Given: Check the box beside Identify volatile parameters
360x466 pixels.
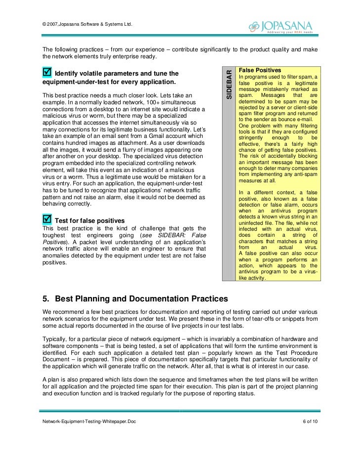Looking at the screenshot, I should point(48,73).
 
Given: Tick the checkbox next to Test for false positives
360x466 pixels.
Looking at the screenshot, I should point(47,218).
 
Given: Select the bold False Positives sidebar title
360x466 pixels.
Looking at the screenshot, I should point(260,71).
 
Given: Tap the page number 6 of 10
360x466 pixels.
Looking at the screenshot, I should point(310,421).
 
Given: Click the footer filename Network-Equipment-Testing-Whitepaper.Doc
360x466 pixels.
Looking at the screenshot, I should point(89,421).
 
